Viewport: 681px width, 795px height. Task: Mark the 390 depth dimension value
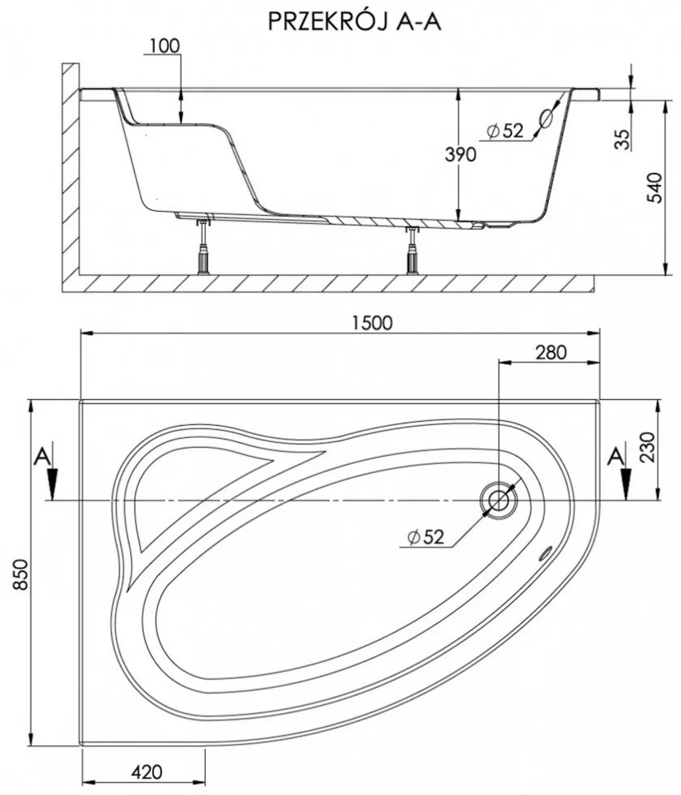click(x=460, y=155)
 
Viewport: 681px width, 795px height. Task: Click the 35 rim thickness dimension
click(x=622, y=140)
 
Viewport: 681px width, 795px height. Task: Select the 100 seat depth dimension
click(x=165, y=46)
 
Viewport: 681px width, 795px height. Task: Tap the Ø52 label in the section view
click(x=505, y=131)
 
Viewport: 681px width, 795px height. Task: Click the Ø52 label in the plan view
click(x=424, y=536)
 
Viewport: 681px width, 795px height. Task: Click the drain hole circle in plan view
click(x=497, y=500)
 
